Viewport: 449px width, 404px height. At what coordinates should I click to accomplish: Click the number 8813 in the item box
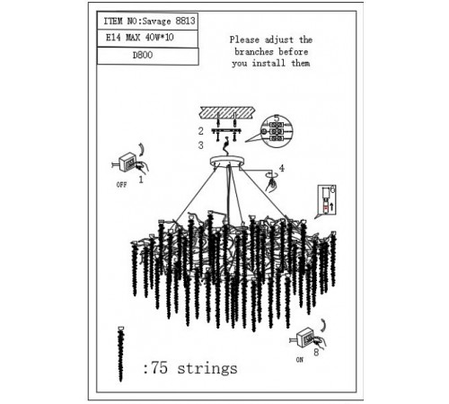[x=185, y=21]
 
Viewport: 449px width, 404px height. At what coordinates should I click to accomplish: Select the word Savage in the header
[x=156, y=22]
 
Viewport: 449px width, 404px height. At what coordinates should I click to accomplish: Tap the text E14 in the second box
[x=113, y=38]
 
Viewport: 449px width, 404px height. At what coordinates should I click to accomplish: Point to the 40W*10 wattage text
[x=159, y=37]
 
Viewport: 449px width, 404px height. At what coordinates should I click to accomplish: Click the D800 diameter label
[x=143, y=55]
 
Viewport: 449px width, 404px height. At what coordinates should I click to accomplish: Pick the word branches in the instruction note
[x=254, y=51]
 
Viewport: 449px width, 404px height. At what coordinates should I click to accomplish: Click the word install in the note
[x=269, y=63]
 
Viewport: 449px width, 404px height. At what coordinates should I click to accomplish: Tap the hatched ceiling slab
[x=227, y=112]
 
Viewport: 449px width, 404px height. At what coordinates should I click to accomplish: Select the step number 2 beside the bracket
[x=200, y=131]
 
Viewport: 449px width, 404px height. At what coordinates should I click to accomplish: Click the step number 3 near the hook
[x=200, y=145]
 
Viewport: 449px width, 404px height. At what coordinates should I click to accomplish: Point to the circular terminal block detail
[x=277, y=131]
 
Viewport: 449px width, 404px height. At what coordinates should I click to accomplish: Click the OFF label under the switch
[x=121, y=185]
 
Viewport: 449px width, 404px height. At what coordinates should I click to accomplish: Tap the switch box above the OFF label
[x=128, y=162]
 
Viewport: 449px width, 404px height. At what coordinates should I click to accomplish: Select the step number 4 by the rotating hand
[x=281, y=168]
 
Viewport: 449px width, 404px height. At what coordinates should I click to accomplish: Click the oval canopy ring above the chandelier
[x=227, y=161]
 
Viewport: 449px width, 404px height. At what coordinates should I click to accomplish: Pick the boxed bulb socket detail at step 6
[x=327, y=199]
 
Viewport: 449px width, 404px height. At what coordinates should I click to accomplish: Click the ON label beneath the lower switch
[x=300, y=360]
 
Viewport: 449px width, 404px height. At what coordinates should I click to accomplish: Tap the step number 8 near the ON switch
[x=316, y=353]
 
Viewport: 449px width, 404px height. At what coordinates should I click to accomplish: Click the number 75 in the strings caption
[x=159, y=367]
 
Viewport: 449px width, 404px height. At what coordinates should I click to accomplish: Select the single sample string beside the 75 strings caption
[x=120, y=354]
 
